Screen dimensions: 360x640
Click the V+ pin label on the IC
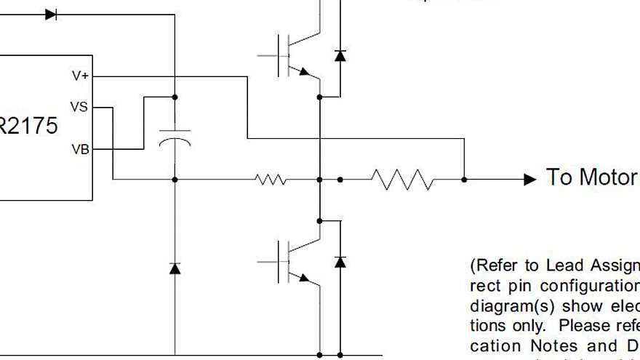click(80, 76)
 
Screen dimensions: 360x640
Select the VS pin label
click(79, 107)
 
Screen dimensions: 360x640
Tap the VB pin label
click(80, 149)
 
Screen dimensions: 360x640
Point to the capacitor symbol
click(175, 138)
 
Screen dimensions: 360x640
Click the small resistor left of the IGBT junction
click(271, 179)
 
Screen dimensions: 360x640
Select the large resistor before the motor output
click(401, 179)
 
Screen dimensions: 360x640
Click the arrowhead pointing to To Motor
click(530, 179)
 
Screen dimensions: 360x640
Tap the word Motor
click(608, 177)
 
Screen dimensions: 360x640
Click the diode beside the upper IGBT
click(340, 55)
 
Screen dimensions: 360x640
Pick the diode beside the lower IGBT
click(340, 261)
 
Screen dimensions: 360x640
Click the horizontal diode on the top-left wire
click(51, 15)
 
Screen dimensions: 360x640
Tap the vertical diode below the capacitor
click(175, 268)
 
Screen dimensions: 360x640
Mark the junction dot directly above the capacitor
click(175, 97)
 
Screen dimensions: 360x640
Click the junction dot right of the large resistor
click(464, 179)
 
